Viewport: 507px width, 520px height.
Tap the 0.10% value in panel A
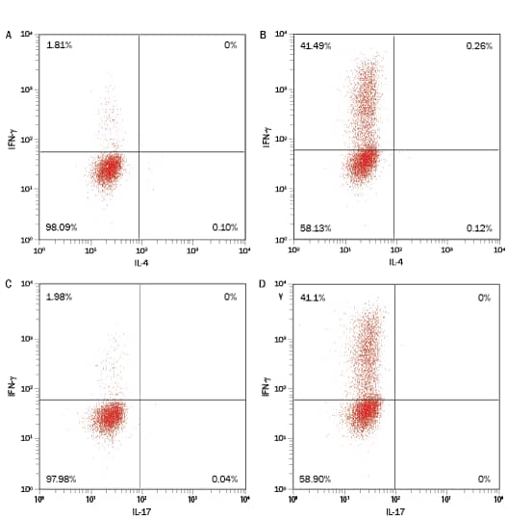coord(224,227)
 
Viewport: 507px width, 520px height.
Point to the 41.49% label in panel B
coord(315,45)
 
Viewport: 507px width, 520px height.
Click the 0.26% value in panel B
coord(479,45)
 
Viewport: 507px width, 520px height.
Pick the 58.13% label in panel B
coord(315,228)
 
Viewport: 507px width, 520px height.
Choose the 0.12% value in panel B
coord(479,228)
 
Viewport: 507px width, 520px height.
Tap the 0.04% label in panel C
coord(224,479)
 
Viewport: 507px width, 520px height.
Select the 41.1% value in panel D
coord(313,297)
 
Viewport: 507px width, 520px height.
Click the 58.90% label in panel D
coord(315,479)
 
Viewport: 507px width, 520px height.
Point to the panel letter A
coord(10,36)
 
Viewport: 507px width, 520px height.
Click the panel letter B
coord(264,36)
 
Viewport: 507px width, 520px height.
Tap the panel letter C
coord(10,285)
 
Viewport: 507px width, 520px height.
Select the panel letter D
coord(264,285)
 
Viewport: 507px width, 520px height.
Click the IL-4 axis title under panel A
coord(141,261)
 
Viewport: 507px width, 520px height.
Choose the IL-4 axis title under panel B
coord(395,262)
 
